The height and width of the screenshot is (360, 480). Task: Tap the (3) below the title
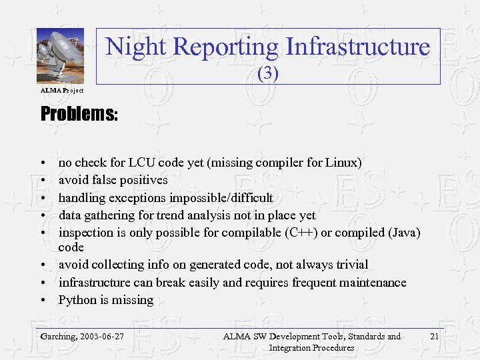click(267, 73)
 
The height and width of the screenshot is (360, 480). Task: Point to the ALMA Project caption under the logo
click(62, 90)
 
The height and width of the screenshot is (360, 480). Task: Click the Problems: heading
click(79, 114)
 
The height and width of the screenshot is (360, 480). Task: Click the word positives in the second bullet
click(143, 180)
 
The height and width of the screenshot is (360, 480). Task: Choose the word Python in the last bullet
click(78, 300)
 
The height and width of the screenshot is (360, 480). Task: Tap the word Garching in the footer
click(58, 337)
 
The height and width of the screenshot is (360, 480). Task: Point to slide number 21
click(434, 337)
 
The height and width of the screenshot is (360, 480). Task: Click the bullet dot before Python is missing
click(43, 300)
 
